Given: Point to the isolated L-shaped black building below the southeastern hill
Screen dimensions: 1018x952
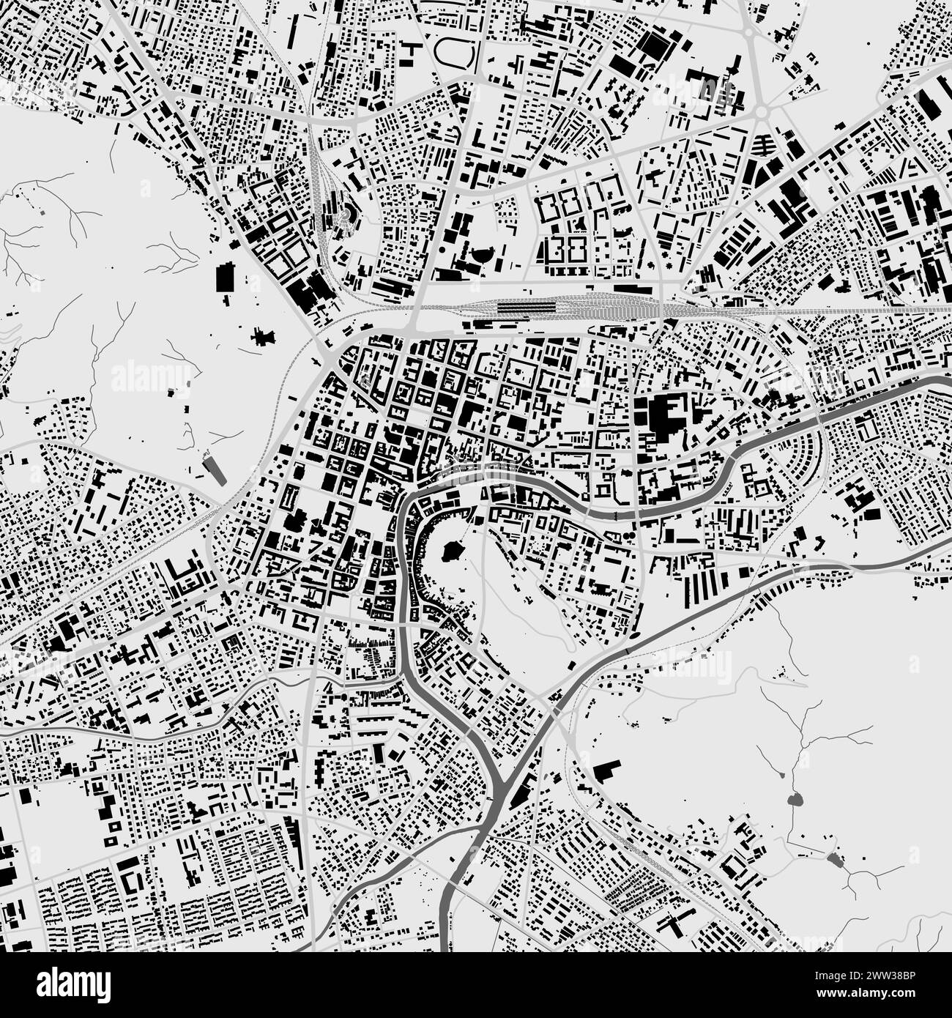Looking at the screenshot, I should tap(606, 770).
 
